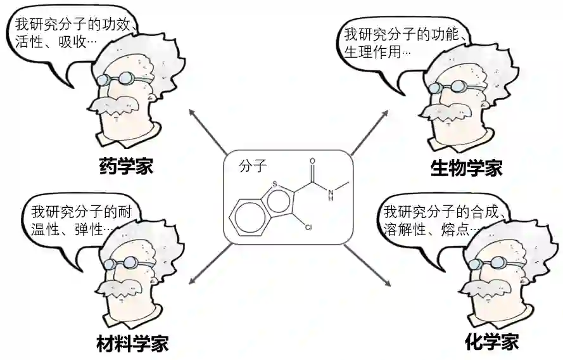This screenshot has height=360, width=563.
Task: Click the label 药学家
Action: [x=126, y=167]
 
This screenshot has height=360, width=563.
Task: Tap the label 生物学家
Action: [x=466, y=168]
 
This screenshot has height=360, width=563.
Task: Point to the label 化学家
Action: [x=491, y=342]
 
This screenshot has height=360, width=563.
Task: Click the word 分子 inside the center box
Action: [x=253, y=167]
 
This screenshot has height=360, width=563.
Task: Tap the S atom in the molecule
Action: [x=274, y=184]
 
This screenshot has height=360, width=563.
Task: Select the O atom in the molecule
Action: [x=313, y=161]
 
